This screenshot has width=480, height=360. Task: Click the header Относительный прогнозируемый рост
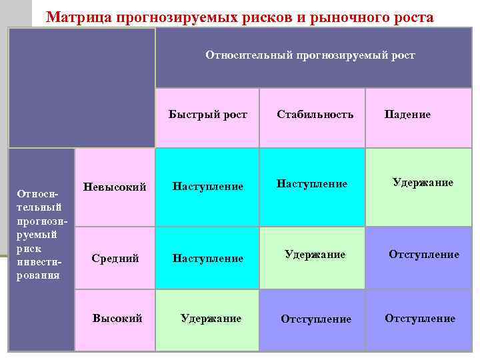click(310, 55)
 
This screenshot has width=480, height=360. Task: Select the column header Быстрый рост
click(208, 114)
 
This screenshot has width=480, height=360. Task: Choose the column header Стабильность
click(315, 114)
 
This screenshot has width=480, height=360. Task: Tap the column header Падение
click(407, 114)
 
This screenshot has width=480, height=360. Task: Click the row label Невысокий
click(115, 187)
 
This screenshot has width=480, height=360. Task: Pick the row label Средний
click(115, 258)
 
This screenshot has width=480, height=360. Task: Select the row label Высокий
click(117, 318)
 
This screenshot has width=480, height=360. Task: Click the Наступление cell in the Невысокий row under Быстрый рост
click(208, 187)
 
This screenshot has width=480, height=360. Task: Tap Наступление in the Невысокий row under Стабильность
click(312, 183)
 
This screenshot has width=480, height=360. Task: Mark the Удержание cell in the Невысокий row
click(423, 182)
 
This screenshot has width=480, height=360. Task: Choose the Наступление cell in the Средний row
click(208, 258)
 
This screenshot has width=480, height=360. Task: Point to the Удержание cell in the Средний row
click(315, 254)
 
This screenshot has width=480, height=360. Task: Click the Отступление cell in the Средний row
click(424, 254)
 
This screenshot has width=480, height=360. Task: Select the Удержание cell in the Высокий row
click(211, 318)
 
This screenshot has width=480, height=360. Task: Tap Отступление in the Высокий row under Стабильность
click(316, 319)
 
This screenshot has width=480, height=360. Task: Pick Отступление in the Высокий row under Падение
click(420, 318)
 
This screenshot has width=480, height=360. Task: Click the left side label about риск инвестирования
click(40, 234)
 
